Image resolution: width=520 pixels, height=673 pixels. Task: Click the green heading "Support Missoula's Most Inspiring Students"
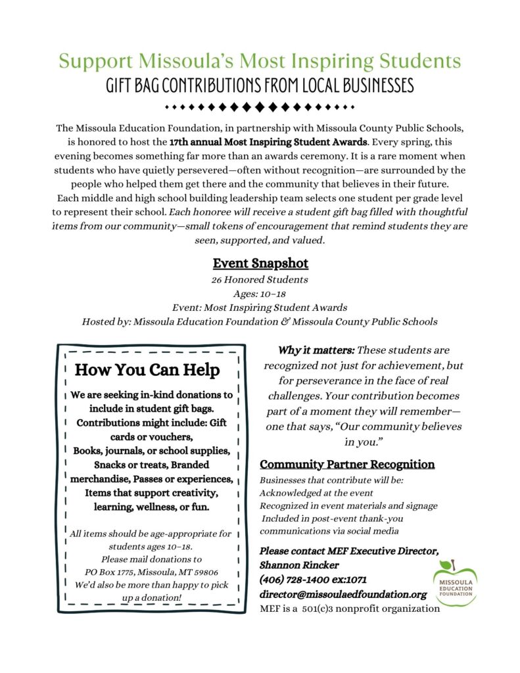pos(260,62)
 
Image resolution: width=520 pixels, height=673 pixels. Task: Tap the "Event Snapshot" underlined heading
pos(260,264)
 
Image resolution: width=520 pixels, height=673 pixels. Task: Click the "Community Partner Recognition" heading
pos(347,464)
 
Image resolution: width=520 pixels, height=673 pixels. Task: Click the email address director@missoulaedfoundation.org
pos(343,594)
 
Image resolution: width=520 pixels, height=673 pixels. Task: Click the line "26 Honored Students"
pos(260,280)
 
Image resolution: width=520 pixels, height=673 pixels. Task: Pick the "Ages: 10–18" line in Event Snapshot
pos(260,294)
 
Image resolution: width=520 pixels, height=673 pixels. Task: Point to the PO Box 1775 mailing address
pos(151,572)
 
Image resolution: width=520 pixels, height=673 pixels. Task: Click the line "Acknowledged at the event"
pos(316,493)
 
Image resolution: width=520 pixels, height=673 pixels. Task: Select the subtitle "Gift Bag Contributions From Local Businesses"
pos(260,86)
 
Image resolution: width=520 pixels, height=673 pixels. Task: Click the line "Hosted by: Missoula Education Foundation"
pos(260,321)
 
